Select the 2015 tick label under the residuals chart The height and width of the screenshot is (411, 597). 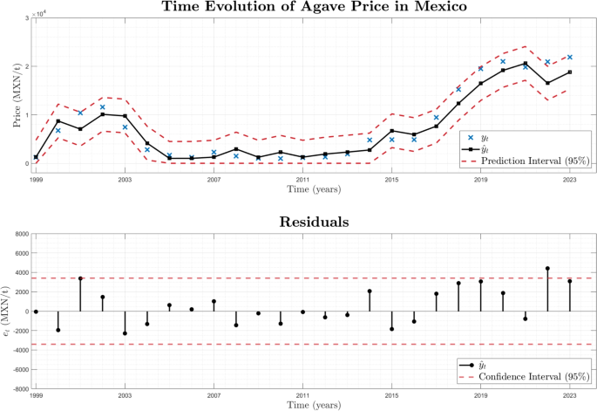(391, 395)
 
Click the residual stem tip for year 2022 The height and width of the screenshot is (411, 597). (547, 269)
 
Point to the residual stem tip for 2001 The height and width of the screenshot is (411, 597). (80, 278)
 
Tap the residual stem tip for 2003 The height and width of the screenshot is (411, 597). (125, 333)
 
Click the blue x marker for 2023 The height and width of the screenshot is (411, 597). (569, 57)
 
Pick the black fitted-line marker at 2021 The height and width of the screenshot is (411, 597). (526, 63)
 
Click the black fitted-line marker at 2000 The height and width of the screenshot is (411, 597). (58, 121)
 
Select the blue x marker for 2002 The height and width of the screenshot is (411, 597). (103, 107)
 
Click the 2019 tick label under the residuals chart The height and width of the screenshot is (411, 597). (480, 395)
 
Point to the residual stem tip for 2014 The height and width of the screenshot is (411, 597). (370, 291)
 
